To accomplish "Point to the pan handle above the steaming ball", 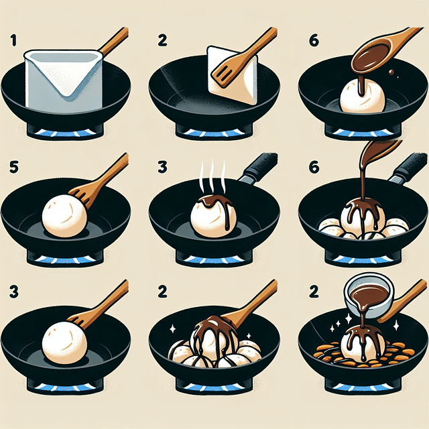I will click(259, 168).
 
